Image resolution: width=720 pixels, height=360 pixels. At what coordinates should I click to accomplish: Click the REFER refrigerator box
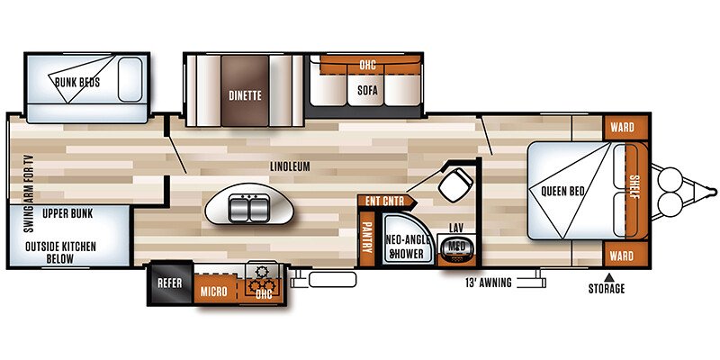(169, 283)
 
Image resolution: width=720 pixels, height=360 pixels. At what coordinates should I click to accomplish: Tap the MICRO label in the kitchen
(213, 292)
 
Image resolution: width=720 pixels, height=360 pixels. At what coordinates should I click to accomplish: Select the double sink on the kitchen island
(249, 208)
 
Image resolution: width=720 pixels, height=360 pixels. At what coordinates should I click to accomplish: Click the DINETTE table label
(245, 95)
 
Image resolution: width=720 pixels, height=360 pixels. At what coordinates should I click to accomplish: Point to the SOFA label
(368, 91)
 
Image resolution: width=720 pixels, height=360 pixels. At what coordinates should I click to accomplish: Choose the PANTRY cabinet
(367, 238)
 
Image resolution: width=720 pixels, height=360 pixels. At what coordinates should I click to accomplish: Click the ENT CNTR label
(385, 201)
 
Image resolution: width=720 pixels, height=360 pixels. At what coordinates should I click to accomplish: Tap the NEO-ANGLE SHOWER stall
(408, 239)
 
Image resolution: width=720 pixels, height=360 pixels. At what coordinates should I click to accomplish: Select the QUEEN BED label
(562, 191)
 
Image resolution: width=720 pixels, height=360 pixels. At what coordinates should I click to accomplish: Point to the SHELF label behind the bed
(634, 187)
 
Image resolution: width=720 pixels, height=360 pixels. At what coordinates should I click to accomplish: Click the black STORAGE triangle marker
(608, 277)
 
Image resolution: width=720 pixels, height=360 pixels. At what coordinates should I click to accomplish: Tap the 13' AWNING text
(489, 283)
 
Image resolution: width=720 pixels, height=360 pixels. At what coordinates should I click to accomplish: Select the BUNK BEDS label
(77, 83)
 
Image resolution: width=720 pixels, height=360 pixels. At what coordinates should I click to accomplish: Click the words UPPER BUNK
(67, 213)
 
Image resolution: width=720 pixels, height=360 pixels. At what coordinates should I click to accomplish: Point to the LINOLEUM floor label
(290, 166)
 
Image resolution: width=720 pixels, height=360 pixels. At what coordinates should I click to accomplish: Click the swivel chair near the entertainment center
(455, 185)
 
